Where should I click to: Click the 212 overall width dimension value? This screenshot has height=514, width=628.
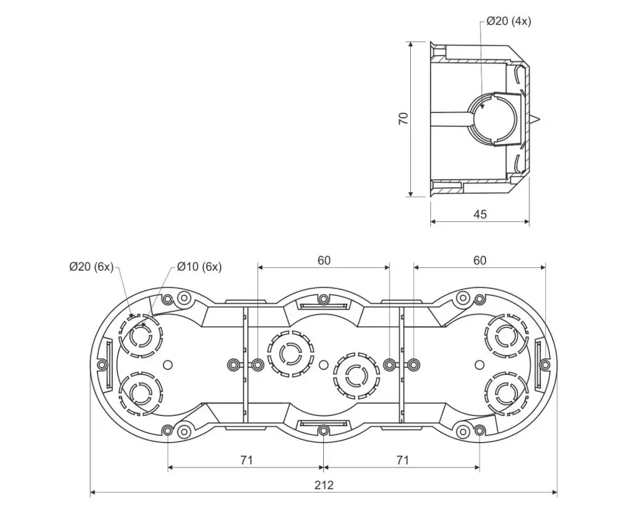click(x=324, y=485)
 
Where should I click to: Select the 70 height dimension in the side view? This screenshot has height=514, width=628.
click(x=403, y=119)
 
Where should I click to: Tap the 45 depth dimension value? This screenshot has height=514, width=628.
click(x=480, y=215)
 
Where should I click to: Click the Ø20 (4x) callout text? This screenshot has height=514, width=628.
click(x=509, y=21)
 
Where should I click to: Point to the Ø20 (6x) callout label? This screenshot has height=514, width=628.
click(x=91, y=267)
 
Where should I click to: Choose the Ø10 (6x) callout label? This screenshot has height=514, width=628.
click(x=199, y=267)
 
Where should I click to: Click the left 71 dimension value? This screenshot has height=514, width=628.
click(x=247, y=460)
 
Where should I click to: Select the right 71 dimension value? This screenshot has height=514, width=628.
click(x=403, y=460)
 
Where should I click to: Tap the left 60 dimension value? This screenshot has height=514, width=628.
click(x=324, y=260)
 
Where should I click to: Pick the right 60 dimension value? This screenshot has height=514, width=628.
click(x=480, y=260)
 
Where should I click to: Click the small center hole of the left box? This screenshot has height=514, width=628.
click(x=168, y=365)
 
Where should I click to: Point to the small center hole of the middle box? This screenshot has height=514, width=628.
click(x=324, y=365)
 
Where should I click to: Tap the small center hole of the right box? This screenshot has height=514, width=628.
click(x=479, y=365)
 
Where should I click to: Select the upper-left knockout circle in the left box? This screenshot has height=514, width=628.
click(x=141, y=335)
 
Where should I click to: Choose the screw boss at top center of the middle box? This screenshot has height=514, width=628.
click(x=324, y=299)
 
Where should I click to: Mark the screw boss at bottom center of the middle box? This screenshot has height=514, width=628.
click(x=324, y=430)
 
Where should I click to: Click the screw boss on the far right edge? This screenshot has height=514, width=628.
click(x=544, y=365)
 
